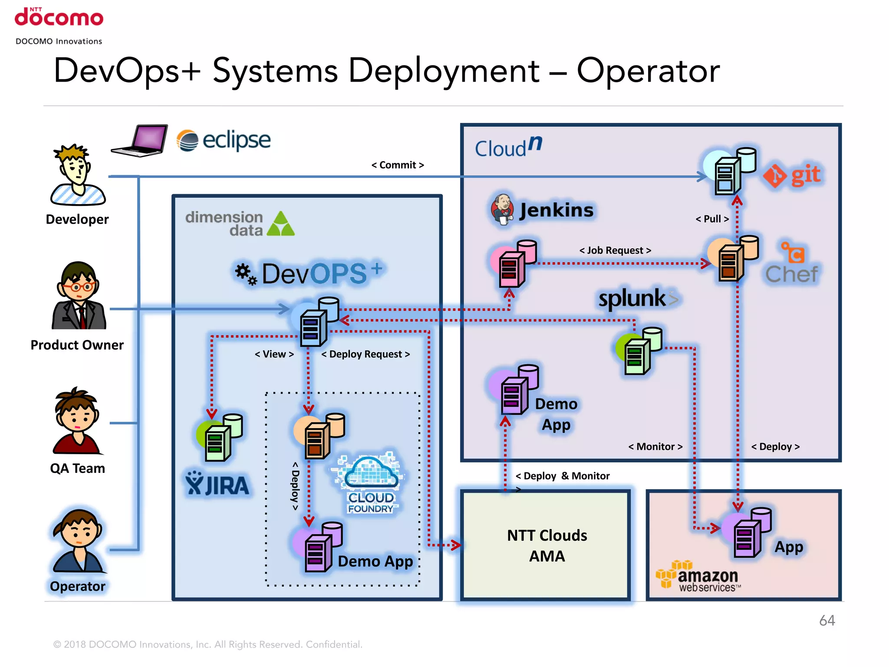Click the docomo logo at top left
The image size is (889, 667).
tap(59, 17)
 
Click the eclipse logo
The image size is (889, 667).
tap(224, 140)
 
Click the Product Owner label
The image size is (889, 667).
tap(77, 345)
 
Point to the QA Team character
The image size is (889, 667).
tap(77, 421)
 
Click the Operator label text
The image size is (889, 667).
tap(77, 586)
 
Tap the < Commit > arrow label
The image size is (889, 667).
tap(397, 165)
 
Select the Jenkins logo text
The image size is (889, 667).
tap(556, 210)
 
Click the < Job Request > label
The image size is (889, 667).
tap(615, 250)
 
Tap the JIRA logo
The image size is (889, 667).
tap(217, 484)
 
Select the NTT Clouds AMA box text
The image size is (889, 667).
tap(547, 545)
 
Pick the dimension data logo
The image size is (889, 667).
tap(240, 224)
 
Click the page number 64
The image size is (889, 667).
tap(826, 620)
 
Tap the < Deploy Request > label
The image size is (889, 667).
tap(365, 354)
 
